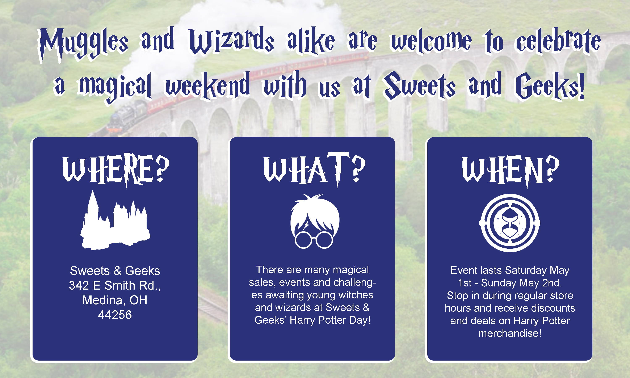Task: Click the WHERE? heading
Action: click(x=116, y=171)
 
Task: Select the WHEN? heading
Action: click(x=511, y=171)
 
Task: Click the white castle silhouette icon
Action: click(x=115, y=220)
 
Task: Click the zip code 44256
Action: click(x=115, y=315)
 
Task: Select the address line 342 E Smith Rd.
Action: click(x=115, y=286)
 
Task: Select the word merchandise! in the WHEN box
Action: click(x=510, y=333)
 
